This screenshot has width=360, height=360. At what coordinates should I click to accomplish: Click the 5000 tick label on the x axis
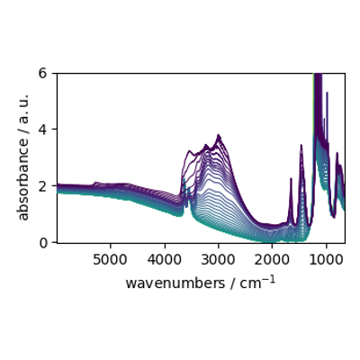point(110,260)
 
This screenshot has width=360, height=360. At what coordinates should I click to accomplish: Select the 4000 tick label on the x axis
point(164,260)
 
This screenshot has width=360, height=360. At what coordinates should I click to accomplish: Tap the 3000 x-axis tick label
point(218,260)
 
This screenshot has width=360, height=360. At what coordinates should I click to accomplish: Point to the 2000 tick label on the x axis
point(272,260)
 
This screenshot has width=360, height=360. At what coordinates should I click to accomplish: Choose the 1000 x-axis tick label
point(326,260)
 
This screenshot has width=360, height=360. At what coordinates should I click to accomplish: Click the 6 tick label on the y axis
point(44,73)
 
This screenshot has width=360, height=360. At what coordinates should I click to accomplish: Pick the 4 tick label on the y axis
point(44,130)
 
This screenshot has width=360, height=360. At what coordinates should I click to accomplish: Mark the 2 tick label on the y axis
point(44,185)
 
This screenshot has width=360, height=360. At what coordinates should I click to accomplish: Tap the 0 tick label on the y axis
point(44,242)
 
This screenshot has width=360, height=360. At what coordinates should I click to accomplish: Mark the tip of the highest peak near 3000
point(219,135)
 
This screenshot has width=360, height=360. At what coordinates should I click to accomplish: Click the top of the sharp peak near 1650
point(291,178)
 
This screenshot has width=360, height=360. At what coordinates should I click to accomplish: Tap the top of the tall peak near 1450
point(301,145)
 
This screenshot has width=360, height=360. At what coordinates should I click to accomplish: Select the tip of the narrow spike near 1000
point(327,93)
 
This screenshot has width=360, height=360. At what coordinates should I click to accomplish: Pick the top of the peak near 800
point(337,153)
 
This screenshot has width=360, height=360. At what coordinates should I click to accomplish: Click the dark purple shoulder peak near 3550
point(189,151)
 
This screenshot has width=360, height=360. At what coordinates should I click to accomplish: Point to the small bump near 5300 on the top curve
point(95,183)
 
